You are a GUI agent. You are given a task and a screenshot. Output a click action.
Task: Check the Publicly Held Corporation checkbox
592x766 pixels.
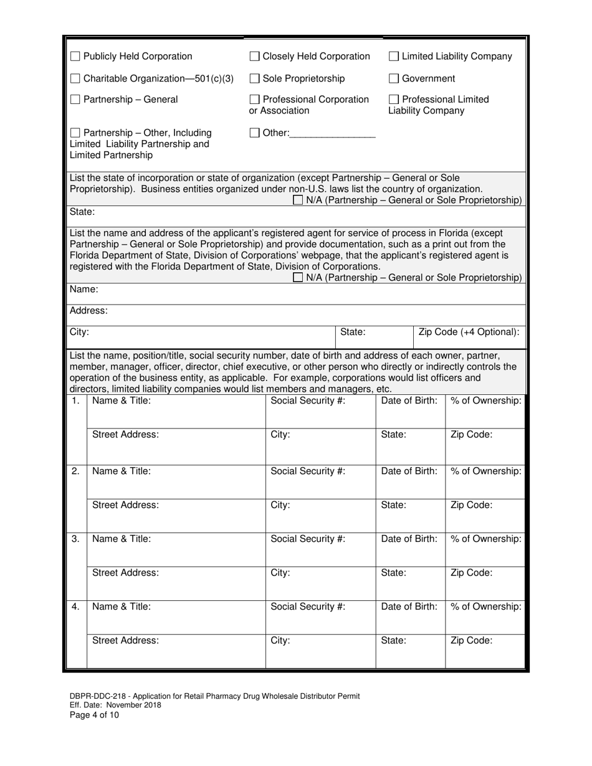click(75, 57)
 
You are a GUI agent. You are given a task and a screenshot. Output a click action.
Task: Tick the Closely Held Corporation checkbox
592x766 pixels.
click(254, 57)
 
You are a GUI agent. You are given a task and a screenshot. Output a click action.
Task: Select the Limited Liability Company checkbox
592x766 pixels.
click(394, 57)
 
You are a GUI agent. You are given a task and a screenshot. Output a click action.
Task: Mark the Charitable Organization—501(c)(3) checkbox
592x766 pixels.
click(75, 78)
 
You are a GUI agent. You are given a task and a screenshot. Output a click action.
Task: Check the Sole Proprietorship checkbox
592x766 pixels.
click(254, 78)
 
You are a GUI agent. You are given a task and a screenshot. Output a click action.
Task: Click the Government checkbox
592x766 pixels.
click(394, 78)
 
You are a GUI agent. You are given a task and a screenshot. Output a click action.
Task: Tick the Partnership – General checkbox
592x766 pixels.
click(75, 100)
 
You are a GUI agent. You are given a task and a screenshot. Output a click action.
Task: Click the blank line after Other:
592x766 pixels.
click(333, 133)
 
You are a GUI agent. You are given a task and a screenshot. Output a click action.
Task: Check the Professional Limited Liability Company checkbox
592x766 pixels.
click(394, 100)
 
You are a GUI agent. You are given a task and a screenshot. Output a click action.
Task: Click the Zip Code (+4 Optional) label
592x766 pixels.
click(469, 332)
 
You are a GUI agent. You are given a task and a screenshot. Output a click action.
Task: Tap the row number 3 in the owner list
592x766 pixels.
click(75, 539)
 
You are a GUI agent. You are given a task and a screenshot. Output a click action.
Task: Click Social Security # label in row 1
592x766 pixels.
click(308, 401)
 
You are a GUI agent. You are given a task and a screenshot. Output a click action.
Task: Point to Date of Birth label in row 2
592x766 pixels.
click(409, 471)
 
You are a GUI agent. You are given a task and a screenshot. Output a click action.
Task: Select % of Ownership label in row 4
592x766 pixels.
click(485, 607)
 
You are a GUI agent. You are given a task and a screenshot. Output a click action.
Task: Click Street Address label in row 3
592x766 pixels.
click(125, 572)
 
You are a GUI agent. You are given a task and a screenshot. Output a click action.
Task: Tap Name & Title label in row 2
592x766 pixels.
click(121, 471)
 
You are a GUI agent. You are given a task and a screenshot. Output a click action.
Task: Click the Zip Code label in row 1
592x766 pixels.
click(471, 435)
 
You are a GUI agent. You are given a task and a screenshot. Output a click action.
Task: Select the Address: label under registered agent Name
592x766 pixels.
click(88, 310)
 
